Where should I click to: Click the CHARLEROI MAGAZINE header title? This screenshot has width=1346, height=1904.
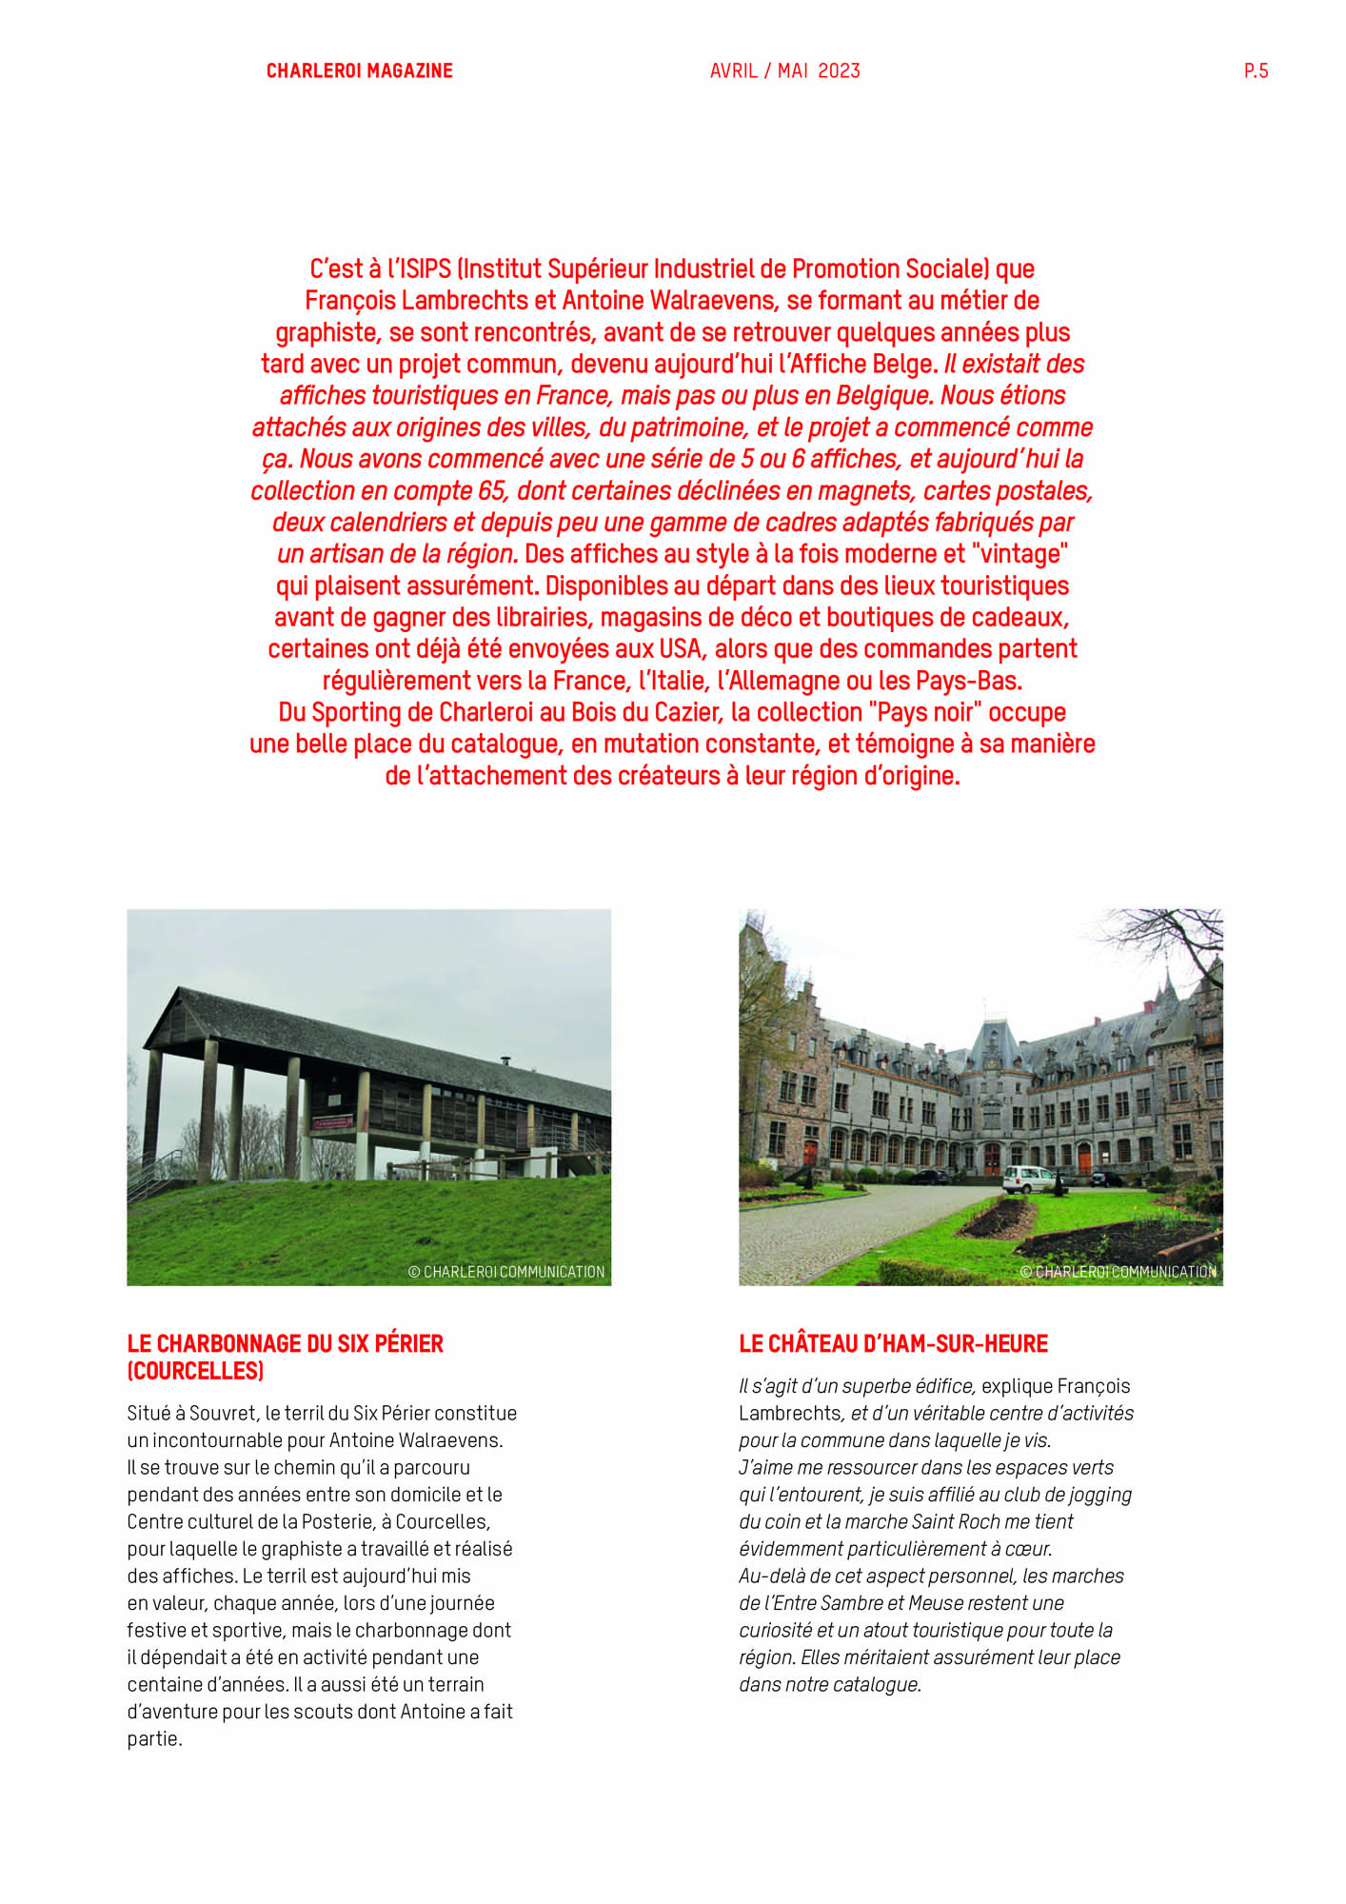point(359,71)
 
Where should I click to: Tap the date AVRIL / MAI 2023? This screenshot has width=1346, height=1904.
point(784,71)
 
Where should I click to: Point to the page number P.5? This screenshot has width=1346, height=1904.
point(1256,71)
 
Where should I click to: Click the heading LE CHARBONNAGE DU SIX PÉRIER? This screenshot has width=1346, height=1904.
point(285,1344)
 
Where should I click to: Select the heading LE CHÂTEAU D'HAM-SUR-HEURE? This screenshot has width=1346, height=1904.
point(893,1344)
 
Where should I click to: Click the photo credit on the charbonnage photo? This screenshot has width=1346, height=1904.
point(506,1272)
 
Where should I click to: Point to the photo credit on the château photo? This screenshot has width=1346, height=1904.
point(1118,1272)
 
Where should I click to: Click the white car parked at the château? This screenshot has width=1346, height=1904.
point(1028,1180)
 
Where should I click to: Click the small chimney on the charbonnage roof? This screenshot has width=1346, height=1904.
point(505,1060)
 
